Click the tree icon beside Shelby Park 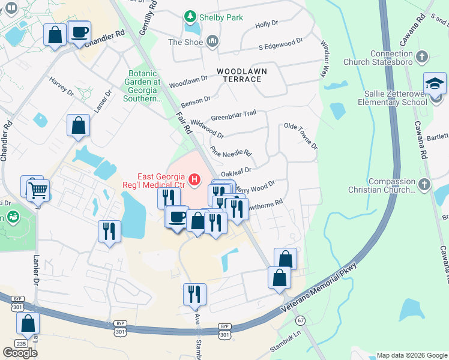click(190, 17)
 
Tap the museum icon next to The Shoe click(211, 41)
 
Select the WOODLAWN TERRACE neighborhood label click(241, 71)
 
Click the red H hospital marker click(194, 179)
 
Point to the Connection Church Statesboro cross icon click(422, 57)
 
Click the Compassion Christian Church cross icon click(424, 185)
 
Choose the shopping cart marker click(37, 191)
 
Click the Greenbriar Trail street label click(234, 114)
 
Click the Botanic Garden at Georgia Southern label click(142, 86)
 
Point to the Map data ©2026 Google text click(411, 355)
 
